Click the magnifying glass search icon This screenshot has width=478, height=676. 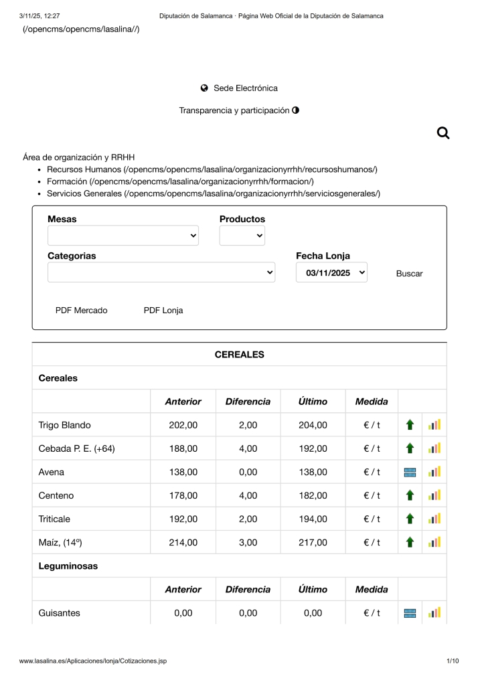pos(443,133)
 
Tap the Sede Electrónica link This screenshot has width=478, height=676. pos(245,88)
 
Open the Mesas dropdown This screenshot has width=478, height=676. pos(123,236)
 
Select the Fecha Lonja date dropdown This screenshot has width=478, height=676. pos(331,272)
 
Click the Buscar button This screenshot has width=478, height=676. pos(409,274)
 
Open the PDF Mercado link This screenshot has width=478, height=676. pos(81,311)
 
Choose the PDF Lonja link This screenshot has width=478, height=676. pos(163,311)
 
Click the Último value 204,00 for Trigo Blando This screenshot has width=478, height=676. pos(313,425)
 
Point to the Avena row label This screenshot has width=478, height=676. pos(52,472)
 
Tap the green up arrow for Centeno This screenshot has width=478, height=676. pos(410,495)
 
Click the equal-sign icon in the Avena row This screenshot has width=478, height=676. pos(410,472)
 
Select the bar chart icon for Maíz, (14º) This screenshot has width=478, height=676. pos(434,542)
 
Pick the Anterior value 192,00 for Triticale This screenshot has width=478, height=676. pos(183,519)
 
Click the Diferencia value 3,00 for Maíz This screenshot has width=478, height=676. pos(248,542)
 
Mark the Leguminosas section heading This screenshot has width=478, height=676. pos(68,566)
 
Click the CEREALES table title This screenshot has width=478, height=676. pos(239,355)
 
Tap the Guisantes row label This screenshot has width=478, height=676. pos(60,612)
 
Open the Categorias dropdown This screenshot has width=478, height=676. pos(161,272)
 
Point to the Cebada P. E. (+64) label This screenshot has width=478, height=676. pos(76,448)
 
